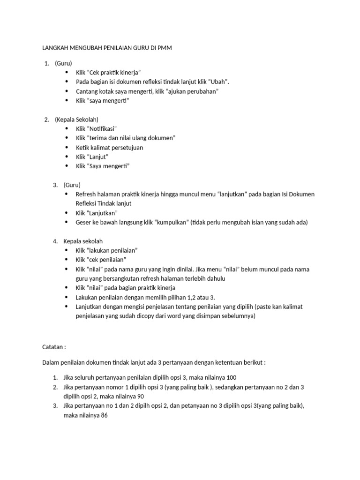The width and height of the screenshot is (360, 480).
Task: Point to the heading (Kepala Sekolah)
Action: coord(76,119)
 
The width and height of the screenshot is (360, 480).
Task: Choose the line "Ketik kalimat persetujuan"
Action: coord(109,147)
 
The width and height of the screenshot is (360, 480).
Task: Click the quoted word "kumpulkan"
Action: coord(172,222)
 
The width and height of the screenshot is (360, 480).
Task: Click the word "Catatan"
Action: coord(53,347)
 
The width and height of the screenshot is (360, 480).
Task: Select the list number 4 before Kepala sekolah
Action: coord(55,241)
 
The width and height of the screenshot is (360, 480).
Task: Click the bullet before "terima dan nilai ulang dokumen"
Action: coord(67,138)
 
